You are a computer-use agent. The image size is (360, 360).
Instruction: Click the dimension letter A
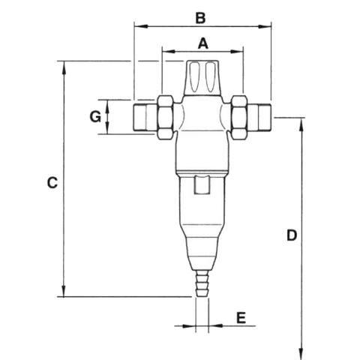point(202,43)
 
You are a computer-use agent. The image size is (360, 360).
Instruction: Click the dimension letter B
point(200,16)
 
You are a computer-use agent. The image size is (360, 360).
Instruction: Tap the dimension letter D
point(292,235)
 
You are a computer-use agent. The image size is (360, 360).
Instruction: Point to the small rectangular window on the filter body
point(202,184)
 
